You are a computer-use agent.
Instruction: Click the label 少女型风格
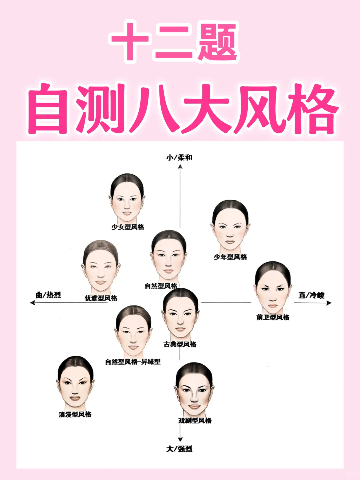pyautogui.click(x=128, y=227)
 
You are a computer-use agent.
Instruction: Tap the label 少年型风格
pyautogui.click(x=230, y=257)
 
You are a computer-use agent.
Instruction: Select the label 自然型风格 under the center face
pyautogui.click(x=161, y=286)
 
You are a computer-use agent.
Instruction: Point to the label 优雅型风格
pyautogui.click(x=101, y=298)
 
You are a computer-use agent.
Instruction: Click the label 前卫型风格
pyautogui.click(x=273, y=317)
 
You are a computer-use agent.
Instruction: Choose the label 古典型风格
pyautogui.click(x=180, y=344)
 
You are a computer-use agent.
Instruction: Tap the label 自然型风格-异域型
pyautogui.click(x=133, y=362)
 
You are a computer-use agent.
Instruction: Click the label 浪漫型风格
pyautogui.click(x=75, y=414)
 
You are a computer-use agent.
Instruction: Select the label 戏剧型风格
pyautogui.click(x=195, y=421)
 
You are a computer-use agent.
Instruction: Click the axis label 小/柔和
pyautogui.click(x=179, y=157)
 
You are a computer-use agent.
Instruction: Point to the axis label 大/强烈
pyautogui.click(x=179, y=449)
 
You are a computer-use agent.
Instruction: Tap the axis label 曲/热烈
pyautogui.click(x=48, y=295)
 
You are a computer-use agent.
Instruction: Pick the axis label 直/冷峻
pyautogui.click(x=311, y=295)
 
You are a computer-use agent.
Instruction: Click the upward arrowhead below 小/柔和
pyautogui.click(x=180, y=166)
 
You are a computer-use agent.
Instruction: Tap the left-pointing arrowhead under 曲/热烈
pyautogui.click(x=32, y=303)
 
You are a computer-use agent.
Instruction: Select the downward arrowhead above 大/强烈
pyautogui.click(x=180, y=439)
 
